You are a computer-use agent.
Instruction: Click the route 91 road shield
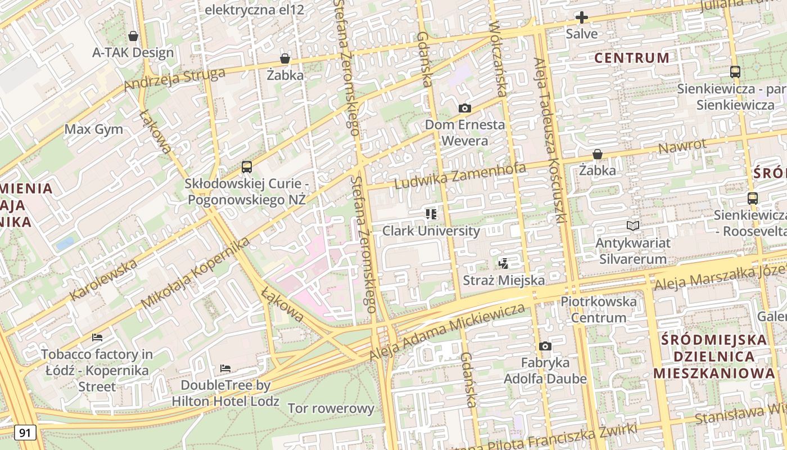pos(25,433)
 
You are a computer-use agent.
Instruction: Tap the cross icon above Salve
pos(582,17)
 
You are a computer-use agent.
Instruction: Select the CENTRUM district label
pos(632,58)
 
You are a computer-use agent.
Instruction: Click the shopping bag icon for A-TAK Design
pos(133,37)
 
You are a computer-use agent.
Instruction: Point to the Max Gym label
pos(93,129)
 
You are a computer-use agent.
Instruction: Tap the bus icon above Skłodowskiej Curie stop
pos(247,167)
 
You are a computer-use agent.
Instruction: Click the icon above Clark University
pos(431,214)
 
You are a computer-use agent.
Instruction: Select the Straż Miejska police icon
pos(504,263)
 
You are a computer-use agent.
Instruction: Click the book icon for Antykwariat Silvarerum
pos(633,226)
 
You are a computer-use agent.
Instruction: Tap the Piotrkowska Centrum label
pos(599,309)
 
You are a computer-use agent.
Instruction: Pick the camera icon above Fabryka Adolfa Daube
pos(545,346)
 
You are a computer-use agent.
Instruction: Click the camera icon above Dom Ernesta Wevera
pos(464,109)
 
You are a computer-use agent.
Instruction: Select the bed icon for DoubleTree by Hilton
pos(225,369)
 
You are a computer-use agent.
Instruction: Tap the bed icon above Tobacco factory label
pos(97,337)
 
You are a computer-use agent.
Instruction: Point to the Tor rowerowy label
pos(331,408)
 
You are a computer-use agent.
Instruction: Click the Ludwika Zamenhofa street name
pos(460,175)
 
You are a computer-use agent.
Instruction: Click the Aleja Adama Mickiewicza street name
pos(447,332)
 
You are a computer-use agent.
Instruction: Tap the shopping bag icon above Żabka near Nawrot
pos(598,154)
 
